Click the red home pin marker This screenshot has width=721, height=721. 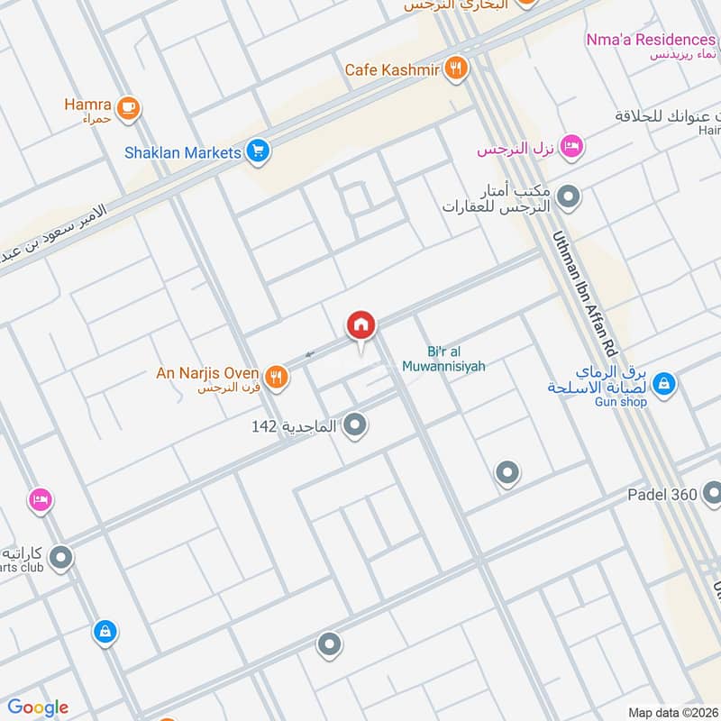[360, 325]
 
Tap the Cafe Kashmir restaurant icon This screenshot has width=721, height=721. [457, 69]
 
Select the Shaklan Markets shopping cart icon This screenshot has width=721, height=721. [258, 152]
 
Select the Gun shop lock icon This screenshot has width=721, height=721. [664, 384]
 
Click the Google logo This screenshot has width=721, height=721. [38, 707]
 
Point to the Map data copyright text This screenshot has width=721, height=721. [674, 712]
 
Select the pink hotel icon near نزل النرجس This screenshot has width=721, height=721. [570, 146]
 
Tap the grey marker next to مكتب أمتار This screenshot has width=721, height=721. [569, 195]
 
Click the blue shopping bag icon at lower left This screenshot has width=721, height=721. [105, 633]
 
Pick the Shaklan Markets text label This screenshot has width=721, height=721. [183, 152]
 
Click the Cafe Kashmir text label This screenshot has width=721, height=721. [392, 69]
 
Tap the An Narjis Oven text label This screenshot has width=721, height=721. [208, 372]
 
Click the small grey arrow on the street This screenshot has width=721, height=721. [309, 354]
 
